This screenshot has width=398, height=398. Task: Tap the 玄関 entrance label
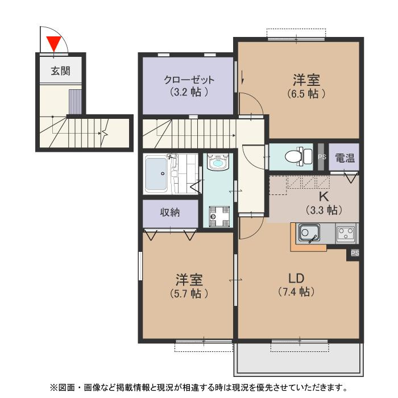click(60, 71)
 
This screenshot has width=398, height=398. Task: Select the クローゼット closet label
click(189, 80)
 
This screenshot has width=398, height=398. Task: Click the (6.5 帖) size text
click(306, 94)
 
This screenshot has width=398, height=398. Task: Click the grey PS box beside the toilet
click(321, 156)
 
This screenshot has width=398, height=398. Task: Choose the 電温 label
click(345, 158)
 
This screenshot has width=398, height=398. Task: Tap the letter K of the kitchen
click(324, 197)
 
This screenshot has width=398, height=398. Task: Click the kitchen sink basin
click(309, 233)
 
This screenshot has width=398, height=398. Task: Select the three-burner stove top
click(346, 233)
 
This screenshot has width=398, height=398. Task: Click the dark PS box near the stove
click(355, 253)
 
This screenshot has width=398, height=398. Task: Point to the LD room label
click(296, 279)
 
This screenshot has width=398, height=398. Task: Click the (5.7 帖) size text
click(189, 294)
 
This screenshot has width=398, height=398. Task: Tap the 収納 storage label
click(170, 213)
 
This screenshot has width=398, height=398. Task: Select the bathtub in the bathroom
click(156, 174)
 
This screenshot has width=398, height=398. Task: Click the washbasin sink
click(218, 162)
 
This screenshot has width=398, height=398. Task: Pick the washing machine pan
click(219, 216)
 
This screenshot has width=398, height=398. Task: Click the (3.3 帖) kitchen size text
click(324, 210)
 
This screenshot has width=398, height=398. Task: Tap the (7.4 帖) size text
click(296, 292)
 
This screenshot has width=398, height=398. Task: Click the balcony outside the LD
click(298, 359)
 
